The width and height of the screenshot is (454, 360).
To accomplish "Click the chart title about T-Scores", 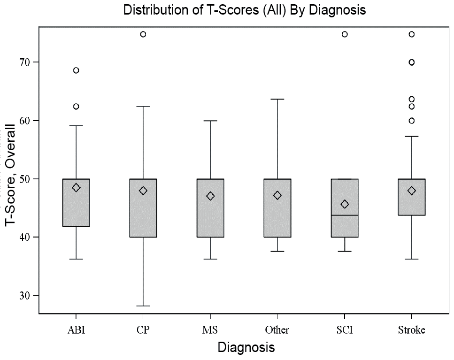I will [244, 10].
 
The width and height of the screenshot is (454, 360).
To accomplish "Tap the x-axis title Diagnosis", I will [246, 348].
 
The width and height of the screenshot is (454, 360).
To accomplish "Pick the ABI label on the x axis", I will [76, 330].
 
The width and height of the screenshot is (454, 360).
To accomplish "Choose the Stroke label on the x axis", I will [411, 330].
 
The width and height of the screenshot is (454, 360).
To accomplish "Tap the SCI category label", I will [344, 330].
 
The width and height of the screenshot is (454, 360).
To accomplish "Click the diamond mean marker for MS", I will [210, 196].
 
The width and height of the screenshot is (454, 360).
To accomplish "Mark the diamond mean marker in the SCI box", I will [345, 204].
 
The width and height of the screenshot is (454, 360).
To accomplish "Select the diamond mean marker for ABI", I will [76, 187].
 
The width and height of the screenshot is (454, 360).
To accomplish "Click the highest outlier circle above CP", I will [143, 34].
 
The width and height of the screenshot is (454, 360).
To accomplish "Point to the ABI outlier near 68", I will [76, 70].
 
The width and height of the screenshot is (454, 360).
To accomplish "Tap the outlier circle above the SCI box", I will [345, 34].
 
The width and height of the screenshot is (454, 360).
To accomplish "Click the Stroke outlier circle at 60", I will [412, 121].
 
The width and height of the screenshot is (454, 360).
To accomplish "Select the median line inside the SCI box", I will [345, 215].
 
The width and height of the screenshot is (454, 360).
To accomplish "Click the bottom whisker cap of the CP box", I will [143, 306].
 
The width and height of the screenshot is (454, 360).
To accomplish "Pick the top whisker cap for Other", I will [277, 99].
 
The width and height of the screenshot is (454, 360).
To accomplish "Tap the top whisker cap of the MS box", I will [210, 121].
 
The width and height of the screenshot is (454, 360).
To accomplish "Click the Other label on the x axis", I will [277, 330].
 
